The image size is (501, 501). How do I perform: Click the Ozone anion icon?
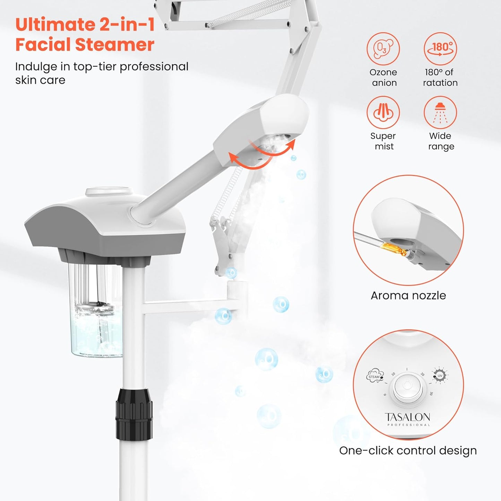tap(383, 49)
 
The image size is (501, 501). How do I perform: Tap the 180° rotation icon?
tap(440, 49)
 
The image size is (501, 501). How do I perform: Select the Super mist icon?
tap(383, 113)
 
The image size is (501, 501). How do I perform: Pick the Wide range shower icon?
tap(440, 113)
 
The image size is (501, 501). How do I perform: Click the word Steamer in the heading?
tap(114, 45)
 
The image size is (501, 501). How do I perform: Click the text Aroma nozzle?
tap(408, 295)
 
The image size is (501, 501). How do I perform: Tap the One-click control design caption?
tap(408, 450)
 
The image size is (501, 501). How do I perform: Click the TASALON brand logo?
tap(407, 417)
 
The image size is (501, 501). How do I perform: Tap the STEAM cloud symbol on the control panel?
tap(375, 376)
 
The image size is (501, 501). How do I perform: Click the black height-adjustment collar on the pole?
tap(134, 414)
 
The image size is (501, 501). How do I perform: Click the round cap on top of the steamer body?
tap(109, 192)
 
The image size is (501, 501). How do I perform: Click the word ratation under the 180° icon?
tap(440, 83)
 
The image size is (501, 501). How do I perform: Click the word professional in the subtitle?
tap(154, 67)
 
